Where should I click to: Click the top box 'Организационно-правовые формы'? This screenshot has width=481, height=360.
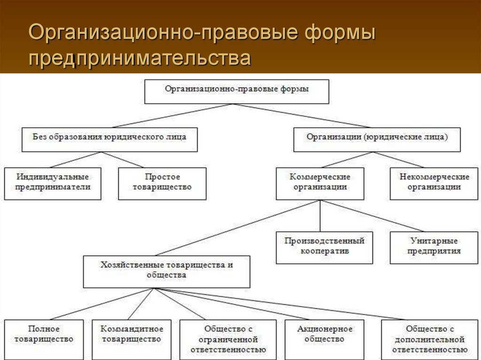click(x=237, y=92)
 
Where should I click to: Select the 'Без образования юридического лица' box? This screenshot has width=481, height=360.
click(x=109, y=139)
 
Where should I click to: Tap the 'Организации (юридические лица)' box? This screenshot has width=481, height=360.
click(x=377, y=139)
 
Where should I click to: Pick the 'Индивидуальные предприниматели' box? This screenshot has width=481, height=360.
click(x=53, y=184)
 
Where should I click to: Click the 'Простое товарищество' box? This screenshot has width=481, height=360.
click(x=162, y=184)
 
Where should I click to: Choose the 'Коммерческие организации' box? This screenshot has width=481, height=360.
click(x=320, y=184)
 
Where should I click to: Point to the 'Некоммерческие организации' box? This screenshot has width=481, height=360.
click(x=434, y=184)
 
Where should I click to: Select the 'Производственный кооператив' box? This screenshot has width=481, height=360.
click(x=324, y=248)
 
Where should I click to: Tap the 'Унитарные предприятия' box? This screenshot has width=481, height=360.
click(x=434, y=248)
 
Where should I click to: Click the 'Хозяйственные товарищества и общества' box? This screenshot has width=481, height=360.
click(x=167, y=272)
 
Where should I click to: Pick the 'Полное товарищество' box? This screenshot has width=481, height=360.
click(x=44, y=339)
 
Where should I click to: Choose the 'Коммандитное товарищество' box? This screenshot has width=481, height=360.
click(x=132, y=339)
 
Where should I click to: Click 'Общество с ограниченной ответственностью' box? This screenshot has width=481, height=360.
click(x=228, y=339)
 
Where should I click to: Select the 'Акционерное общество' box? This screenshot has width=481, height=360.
click(x=325, y=339)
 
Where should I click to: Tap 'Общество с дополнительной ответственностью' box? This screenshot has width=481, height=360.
click(x=429, y=339)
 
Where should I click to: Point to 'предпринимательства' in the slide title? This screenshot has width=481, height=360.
click(x=140, y=58)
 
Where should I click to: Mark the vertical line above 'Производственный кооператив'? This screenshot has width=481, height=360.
click(x=320, y=216)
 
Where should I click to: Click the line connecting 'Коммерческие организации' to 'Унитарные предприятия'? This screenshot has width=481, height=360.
click(x=372, y=216)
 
